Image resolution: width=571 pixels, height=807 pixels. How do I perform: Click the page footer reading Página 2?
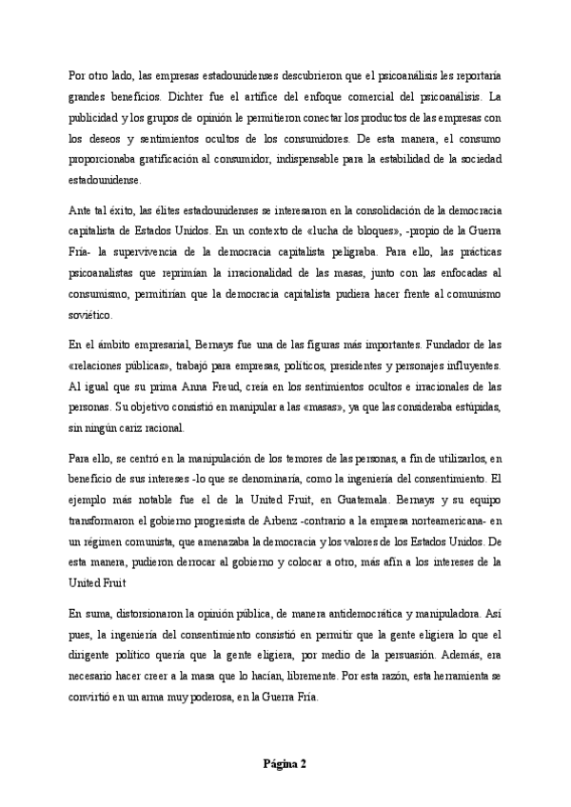pyautogui.click(x=285, y=763)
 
